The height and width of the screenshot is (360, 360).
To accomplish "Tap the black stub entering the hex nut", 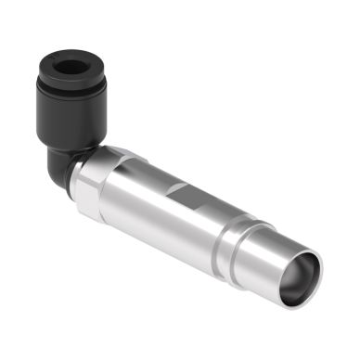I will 84,167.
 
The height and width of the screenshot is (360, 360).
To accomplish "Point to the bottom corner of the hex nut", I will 93,215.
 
